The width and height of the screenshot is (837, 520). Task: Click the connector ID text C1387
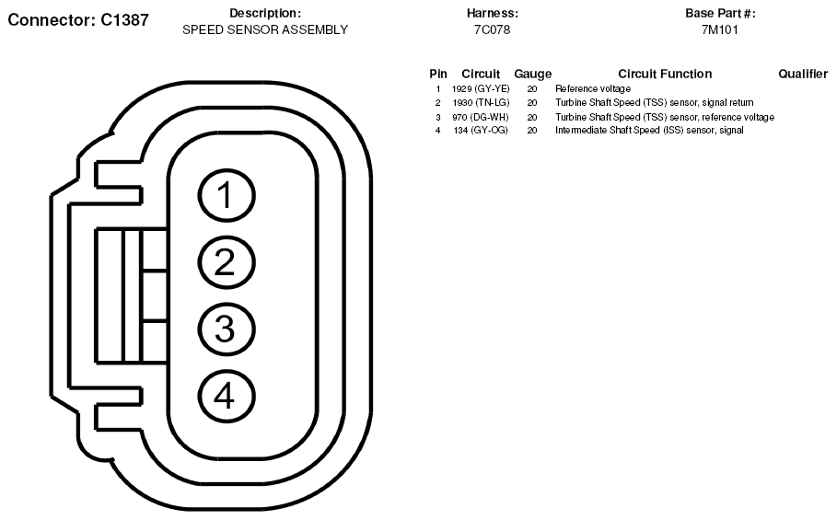coord(124,19)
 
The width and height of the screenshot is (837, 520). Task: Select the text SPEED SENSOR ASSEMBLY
coord(265,29)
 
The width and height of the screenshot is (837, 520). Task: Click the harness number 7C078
coord(493,29)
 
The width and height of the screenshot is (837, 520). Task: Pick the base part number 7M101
coord(719,29)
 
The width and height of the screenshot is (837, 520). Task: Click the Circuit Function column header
coord(665,74)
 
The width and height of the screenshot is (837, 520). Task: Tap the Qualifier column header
coord(803,74)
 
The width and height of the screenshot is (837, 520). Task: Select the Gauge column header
coord(533,75)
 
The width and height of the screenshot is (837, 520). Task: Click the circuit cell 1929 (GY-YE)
coord(481,89)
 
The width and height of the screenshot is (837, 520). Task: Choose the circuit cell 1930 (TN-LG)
coord(481,102)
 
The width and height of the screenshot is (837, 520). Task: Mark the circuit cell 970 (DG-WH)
coord(481,117)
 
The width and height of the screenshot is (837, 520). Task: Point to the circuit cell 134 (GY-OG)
coord(481,130)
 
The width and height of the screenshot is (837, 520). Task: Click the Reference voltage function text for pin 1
coord(592,89)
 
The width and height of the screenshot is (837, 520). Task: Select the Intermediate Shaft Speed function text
coord(649,130)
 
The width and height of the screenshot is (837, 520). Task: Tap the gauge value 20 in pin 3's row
coord(532,117)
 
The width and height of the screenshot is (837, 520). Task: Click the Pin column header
coord(438,74)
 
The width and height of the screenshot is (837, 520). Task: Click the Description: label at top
coord(265,13)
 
